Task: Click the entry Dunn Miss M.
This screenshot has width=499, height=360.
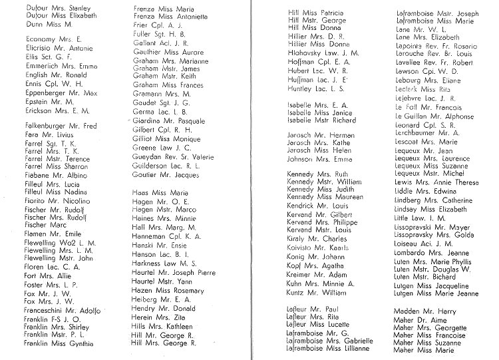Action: [x=43, y=24]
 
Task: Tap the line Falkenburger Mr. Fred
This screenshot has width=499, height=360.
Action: [x=61, y=126]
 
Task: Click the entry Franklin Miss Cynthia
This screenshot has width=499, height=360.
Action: [x=59, y=343]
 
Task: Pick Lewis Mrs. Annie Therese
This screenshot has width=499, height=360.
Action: [x=436, y=182]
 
